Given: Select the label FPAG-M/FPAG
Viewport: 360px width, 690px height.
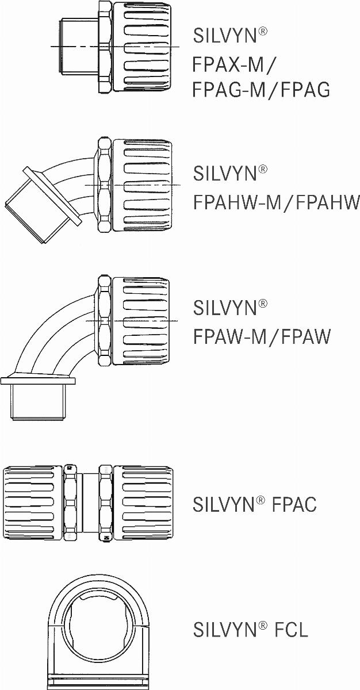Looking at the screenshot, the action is (261, 90).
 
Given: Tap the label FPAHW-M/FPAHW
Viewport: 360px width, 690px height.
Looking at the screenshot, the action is (276, 202).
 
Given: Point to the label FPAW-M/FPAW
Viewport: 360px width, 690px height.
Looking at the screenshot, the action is (262, 336).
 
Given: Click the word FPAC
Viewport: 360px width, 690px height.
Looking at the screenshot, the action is (294, 504).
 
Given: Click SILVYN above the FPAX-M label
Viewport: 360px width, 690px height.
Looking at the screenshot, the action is (225, 36).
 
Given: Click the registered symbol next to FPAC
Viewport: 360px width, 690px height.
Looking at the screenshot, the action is (260, 500).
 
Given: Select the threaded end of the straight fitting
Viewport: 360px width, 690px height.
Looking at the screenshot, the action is (79, 46).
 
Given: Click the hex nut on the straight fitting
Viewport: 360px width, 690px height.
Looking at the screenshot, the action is (105, 46).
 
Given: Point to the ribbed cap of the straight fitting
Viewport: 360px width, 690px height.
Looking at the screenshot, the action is (142, 46).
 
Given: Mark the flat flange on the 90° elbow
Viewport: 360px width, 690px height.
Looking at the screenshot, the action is (38, 381).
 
